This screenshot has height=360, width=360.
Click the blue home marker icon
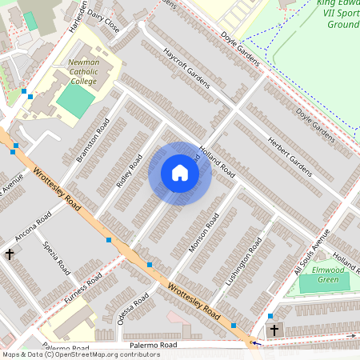click(180, 173)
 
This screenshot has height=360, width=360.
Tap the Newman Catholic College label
click(83, 71)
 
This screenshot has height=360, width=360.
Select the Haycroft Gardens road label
click(186, 69)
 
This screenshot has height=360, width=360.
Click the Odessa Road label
click(133, 310)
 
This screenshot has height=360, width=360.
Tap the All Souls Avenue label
click(311, 253)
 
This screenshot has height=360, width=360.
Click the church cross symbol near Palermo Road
click(274, 330)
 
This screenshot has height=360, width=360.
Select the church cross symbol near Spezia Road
click(10, 254)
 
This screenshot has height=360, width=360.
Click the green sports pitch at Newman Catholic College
click(74, 101)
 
